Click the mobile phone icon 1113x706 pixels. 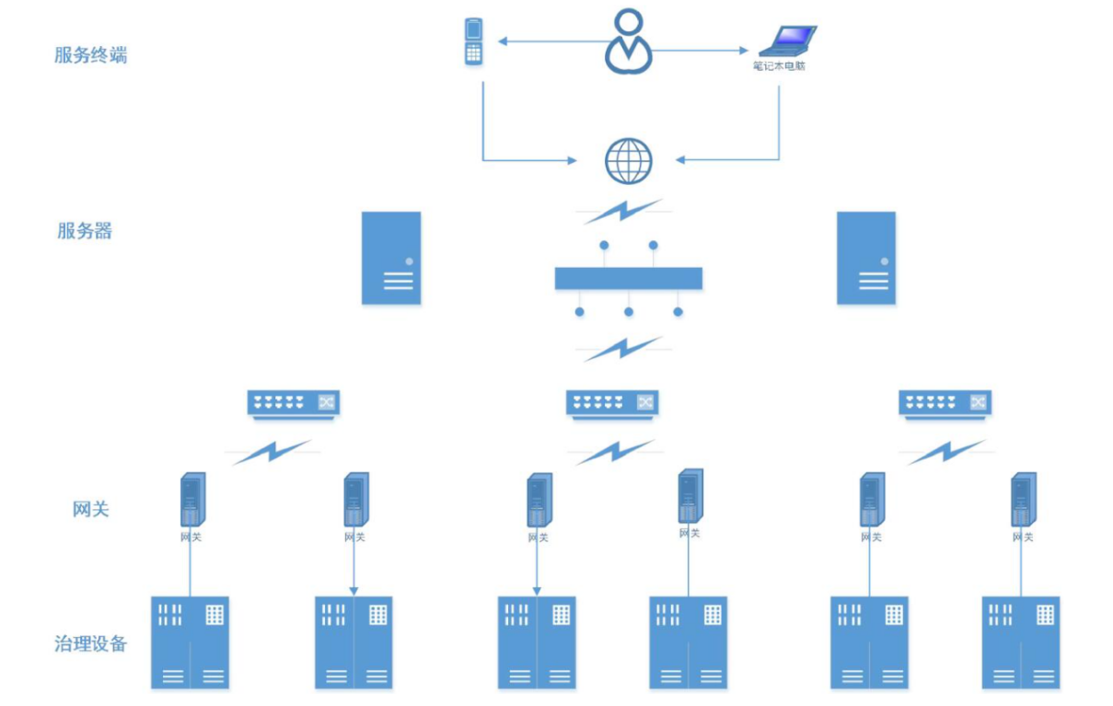tap(473, 41)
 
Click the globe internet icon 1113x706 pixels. tap(629, 161)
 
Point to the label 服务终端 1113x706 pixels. tap(90, 55)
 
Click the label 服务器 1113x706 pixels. tap(85, 231)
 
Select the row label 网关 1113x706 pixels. tap(90, 508)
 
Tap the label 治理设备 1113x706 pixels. tap(90, 643)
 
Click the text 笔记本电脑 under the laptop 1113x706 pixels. tap(779, 66)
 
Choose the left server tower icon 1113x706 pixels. tap(391, 258)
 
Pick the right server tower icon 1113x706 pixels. tap(866, 258)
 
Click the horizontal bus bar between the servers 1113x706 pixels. tap(629, 278)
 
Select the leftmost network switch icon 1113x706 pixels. tap(294, 402)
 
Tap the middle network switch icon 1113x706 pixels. tap(612, 402)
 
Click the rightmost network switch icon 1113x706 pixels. tap(945, 402)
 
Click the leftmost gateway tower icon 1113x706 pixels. tap(191, 500)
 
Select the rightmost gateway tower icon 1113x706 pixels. tap(1023, 500)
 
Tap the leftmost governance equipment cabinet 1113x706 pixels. tap(191, 642)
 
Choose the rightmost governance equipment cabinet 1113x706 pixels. tap(1021, 642)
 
